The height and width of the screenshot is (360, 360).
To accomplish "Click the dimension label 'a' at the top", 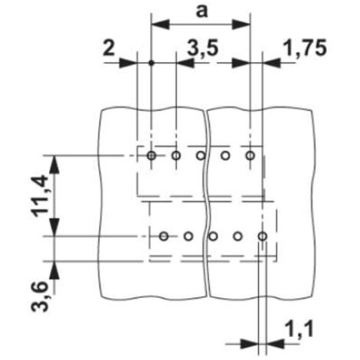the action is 201,11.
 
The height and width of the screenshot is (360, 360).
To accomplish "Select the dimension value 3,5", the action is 203,48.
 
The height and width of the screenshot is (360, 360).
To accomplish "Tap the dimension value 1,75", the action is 305,47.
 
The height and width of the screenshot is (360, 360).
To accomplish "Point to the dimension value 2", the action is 109,47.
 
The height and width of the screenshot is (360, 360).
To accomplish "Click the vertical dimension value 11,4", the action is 40,196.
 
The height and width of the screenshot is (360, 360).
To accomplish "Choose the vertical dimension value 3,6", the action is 40,296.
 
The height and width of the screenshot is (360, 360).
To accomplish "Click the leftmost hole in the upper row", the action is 152,155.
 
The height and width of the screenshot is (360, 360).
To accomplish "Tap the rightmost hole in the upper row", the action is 250,155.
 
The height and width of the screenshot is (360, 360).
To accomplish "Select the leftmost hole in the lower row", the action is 164,237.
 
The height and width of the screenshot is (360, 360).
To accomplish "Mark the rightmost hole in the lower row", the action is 263,237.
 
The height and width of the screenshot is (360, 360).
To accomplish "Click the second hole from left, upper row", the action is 176,155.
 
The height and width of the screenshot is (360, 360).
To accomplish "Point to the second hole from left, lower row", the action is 188,237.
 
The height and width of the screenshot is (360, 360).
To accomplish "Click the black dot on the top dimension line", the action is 152,63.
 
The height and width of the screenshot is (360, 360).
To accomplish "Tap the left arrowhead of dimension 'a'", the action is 161,25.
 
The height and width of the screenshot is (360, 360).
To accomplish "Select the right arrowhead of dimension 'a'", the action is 241,25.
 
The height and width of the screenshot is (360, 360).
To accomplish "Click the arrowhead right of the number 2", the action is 128,63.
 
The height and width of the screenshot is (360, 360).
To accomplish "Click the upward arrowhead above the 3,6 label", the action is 54,270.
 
